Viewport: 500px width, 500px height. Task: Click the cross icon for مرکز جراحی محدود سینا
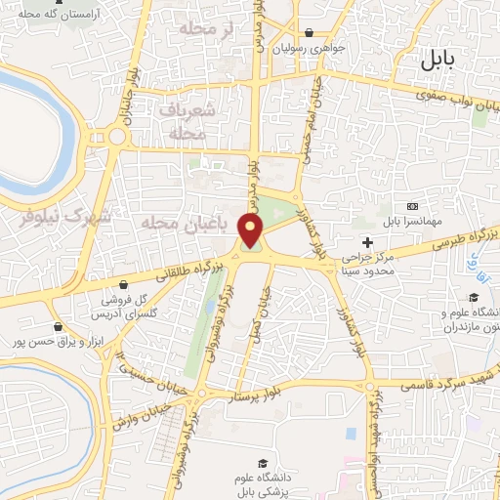pos(367,242)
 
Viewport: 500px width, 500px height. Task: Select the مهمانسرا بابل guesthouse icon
pos(413,207)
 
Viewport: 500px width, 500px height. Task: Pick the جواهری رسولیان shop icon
pos(308,31)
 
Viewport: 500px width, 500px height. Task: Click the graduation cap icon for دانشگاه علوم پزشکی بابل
pos(261,463)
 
